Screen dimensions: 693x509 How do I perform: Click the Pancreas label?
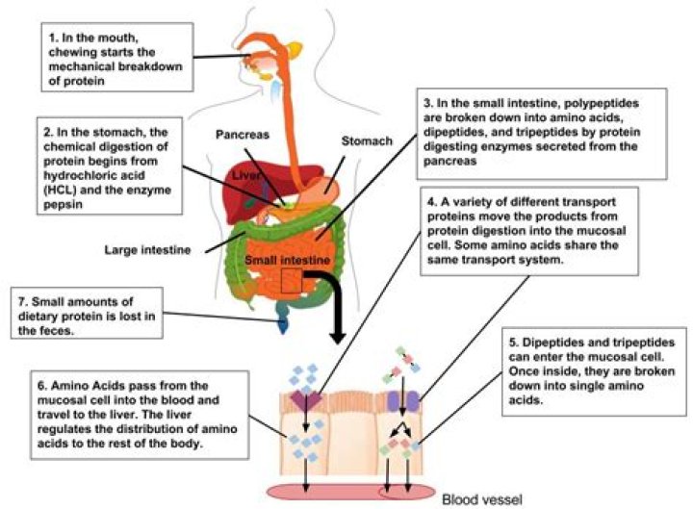(243, 135)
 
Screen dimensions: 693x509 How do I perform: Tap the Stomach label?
(367, 140)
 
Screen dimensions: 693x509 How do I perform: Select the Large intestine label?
(147, 250)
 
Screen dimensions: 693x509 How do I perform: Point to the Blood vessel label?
(482, 499)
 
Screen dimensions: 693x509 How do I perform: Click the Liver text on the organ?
(246, 175)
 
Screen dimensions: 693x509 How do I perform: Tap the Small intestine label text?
(287, 260)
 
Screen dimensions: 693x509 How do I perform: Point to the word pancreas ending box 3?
(449, 161)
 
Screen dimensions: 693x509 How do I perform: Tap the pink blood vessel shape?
(351, 492)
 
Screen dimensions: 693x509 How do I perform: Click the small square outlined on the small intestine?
(292, 281)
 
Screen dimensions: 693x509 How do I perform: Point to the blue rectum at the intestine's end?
(283, 318)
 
